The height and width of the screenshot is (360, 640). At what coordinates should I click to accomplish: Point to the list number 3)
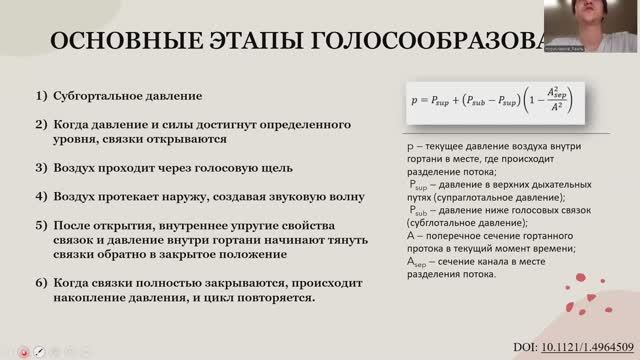42,170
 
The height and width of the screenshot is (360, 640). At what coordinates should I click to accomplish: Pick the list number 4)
42,197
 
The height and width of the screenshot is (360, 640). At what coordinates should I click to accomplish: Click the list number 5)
42,224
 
